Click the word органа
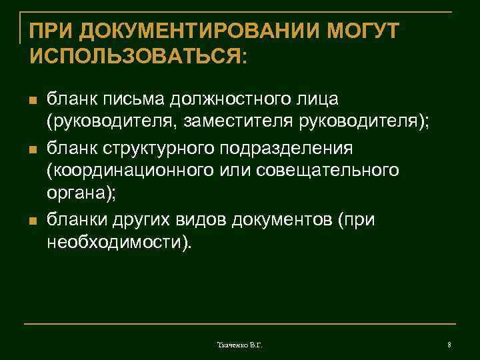pos(75,194)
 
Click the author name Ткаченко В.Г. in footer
pos(240,345)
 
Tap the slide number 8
pos(449,345)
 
